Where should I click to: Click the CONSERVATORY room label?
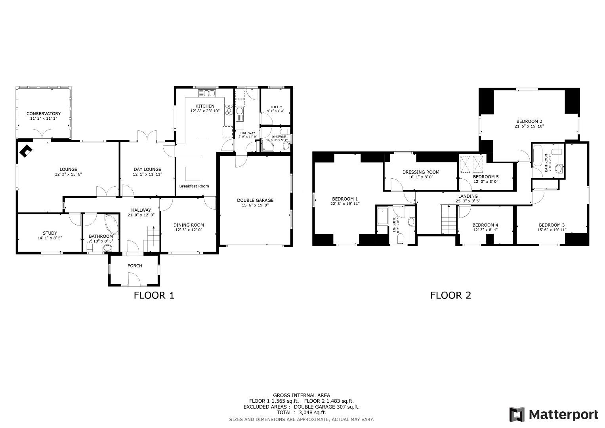point(44,114)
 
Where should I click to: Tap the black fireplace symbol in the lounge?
point(26,151)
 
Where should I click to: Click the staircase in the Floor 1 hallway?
point(153,238)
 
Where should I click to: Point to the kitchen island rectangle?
point(202,127)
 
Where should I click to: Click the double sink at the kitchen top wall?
point(206,94)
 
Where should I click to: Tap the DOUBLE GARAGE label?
point(255,200)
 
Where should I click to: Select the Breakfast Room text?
point(194,186)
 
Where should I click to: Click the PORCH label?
point(135,266)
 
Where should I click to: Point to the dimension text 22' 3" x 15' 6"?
point(68,174)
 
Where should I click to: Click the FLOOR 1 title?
point(154,295)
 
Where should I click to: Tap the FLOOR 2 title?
point(450,295)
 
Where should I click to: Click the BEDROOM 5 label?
point(486,177)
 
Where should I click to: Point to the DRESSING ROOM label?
point(421,172)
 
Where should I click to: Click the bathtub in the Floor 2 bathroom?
point(538,156)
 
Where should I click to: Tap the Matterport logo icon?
point(517,415)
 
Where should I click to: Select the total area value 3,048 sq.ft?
point(313,412)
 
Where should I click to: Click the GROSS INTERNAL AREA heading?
point(301,395)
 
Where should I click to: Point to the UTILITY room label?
point(276,107)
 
